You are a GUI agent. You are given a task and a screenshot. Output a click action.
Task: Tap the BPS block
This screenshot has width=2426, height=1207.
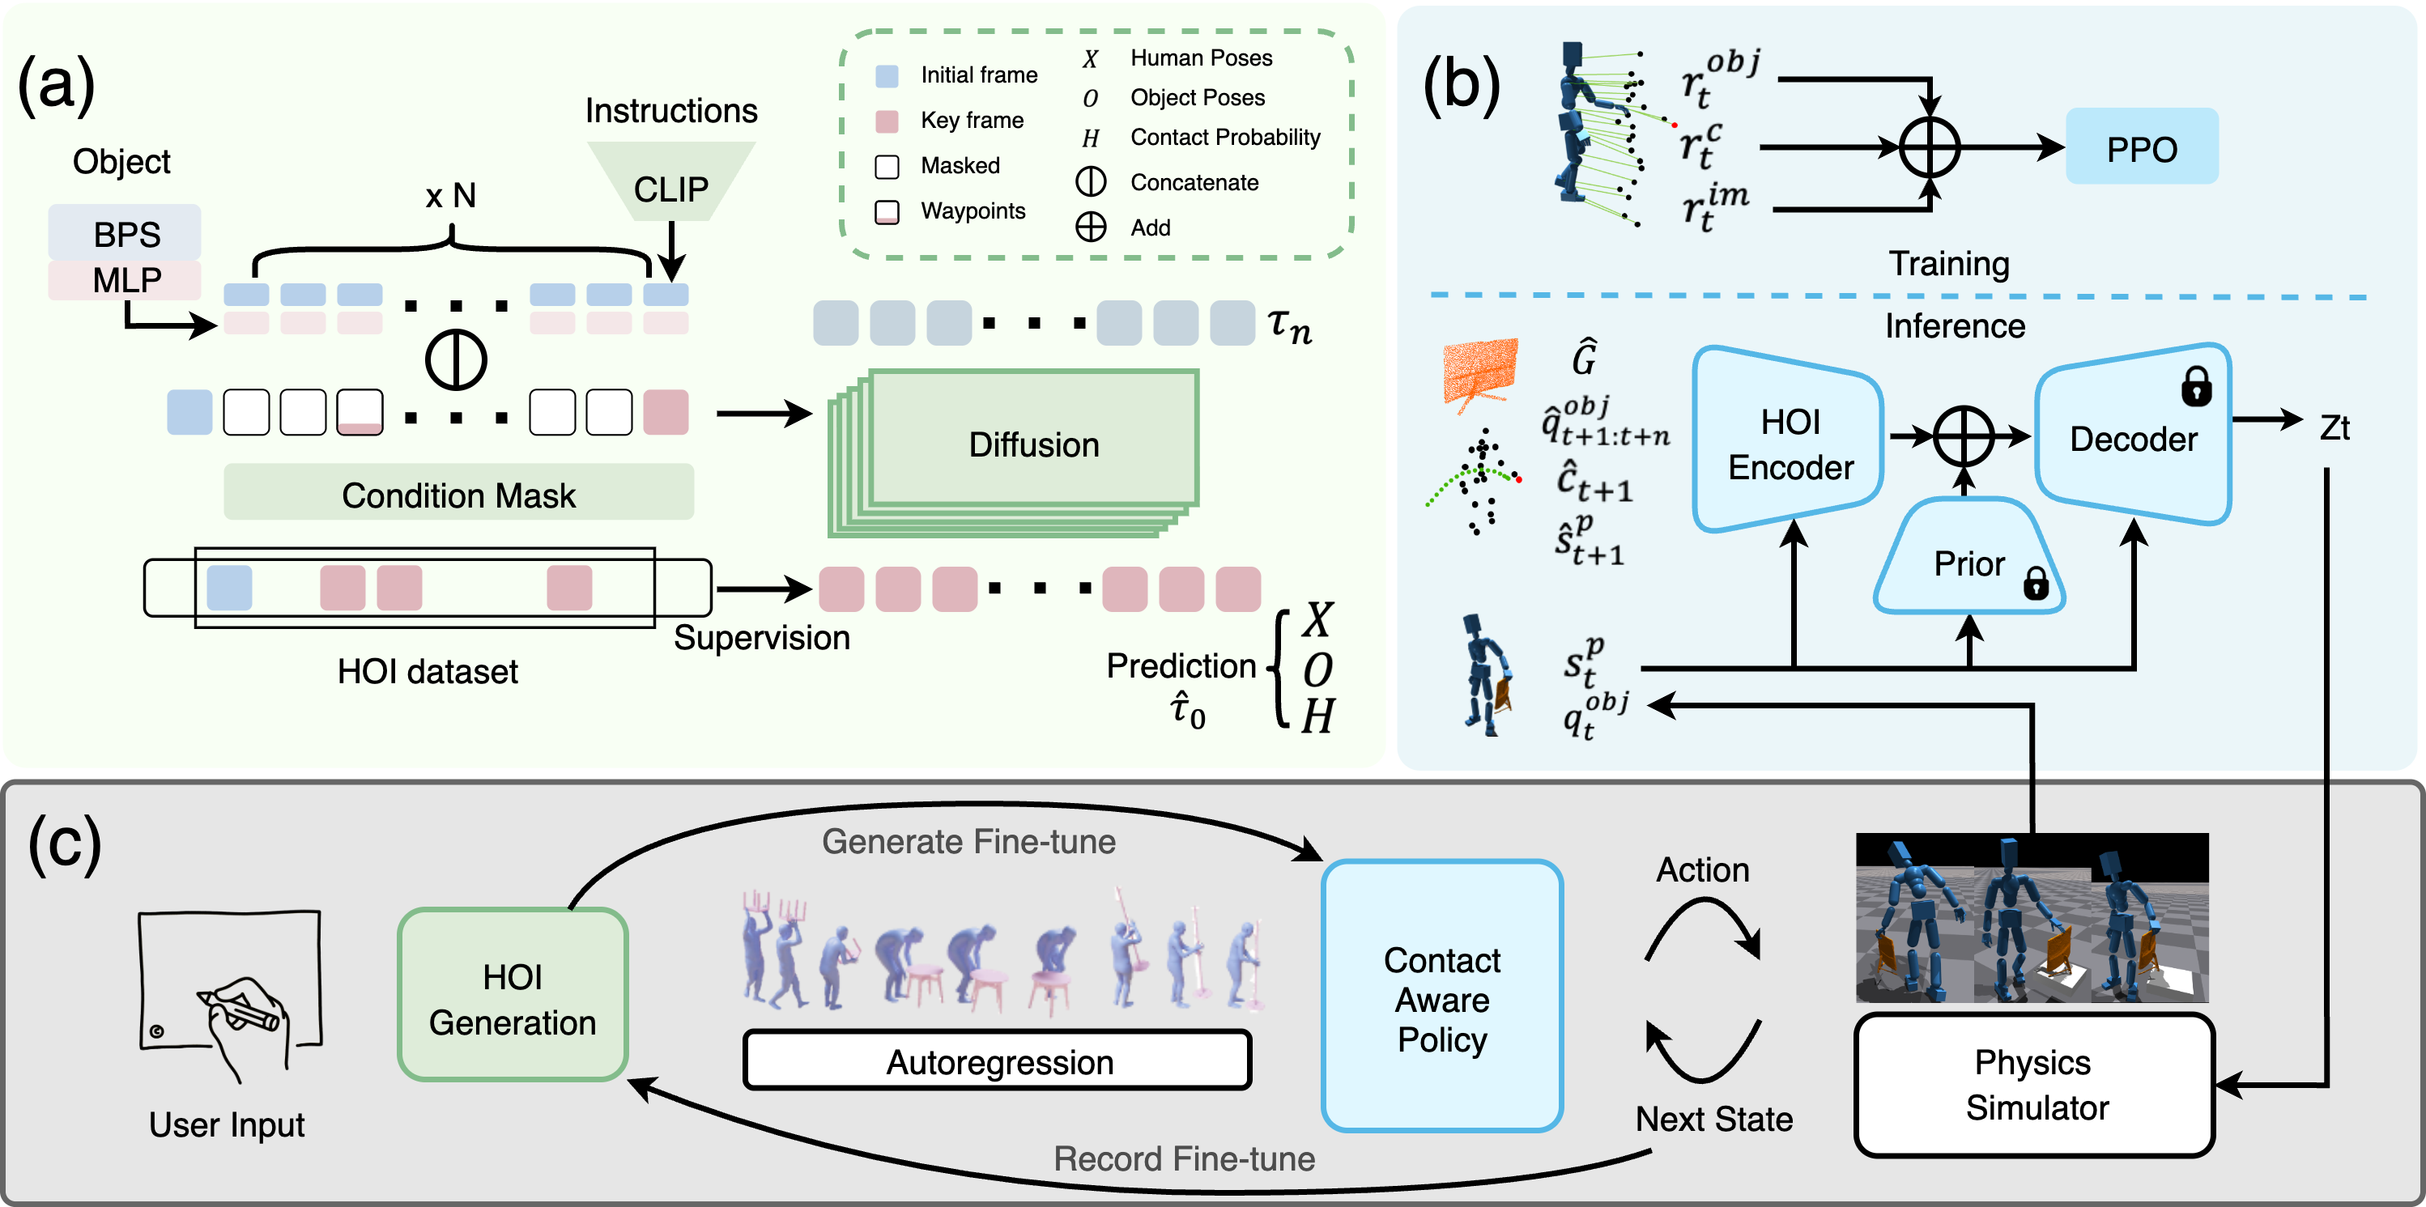[x=126, y=232]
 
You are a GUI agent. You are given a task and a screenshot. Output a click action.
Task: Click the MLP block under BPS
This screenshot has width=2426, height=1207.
[x=126, y=279]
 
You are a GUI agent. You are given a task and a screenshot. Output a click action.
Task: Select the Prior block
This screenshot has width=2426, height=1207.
[x=1968, y=562]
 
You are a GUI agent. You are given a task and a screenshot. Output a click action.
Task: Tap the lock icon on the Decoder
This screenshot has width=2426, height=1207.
[x=2196, y=386]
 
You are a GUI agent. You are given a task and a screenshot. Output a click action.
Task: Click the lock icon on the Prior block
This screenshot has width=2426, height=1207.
[x=2036, y=584]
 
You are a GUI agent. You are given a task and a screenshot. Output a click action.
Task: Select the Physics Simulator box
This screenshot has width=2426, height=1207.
[x=2034, y=1085]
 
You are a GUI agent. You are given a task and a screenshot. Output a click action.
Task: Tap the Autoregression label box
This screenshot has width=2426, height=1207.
[x=998, y=1061]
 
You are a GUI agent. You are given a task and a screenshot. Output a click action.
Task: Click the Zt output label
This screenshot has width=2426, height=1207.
[x=2334, y=427]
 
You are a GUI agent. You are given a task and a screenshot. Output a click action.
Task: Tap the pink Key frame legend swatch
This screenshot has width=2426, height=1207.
[x=886, y=121]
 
